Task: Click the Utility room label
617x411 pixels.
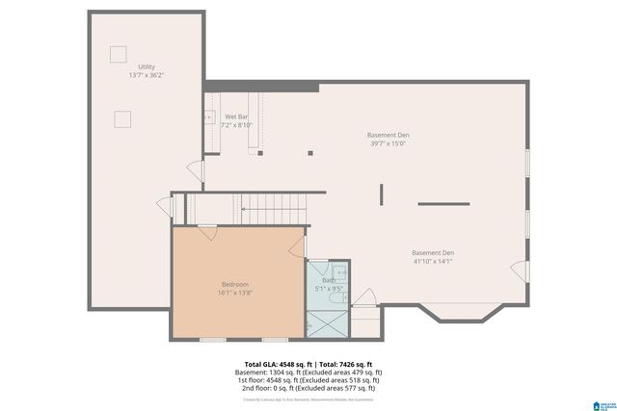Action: pos(147,66)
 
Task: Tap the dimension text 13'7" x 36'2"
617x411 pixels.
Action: pos(147,75)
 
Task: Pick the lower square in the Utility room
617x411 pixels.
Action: pos(122,117)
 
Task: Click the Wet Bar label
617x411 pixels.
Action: pos(236,116)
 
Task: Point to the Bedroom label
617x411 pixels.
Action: pos(235,284)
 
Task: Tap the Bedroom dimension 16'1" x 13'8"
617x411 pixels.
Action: pos(235,293)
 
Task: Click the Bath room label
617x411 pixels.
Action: pos(329,280)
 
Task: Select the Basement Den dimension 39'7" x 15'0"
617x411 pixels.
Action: pos(388,143)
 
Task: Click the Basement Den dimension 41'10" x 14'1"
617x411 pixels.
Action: pos(432,261)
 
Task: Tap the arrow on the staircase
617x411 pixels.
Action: pos(248,207)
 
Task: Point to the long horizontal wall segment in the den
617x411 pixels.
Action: pos(443,204)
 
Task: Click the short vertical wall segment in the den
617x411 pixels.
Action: pos(381,195)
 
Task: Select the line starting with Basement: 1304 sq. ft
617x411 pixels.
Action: pos(308,372)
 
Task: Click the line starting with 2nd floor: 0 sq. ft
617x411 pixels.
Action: pos(308,388)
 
